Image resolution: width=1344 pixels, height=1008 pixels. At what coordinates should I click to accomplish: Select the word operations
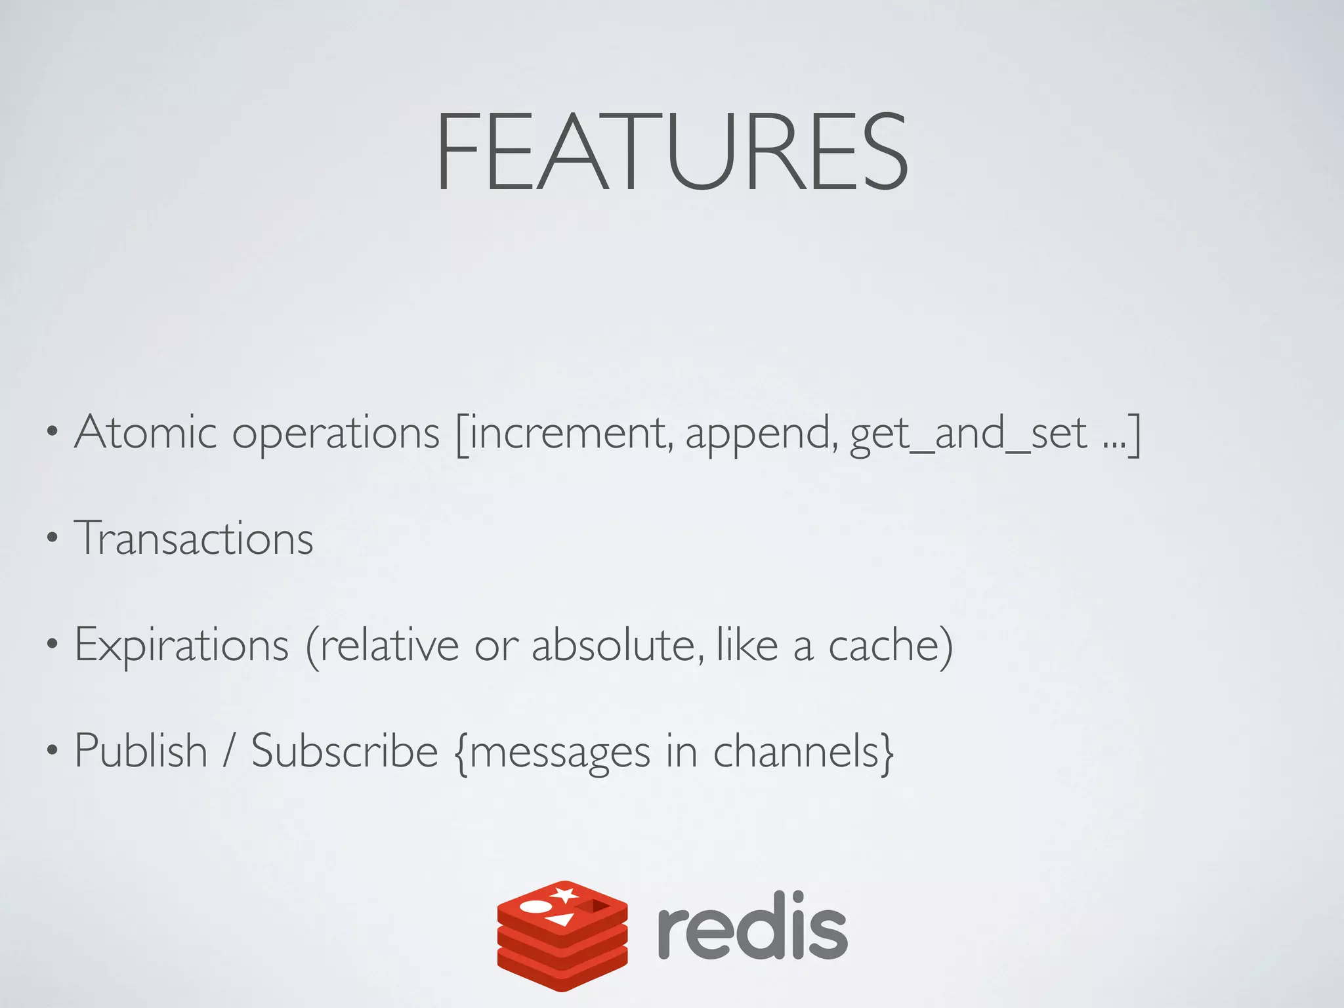[335, 434]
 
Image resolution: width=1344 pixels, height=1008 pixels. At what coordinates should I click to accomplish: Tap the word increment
[567, 433]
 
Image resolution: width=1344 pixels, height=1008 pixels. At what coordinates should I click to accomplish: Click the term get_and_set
[969, 434]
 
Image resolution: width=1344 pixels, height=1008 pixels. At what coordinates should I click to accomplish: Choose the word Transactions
[194, 538]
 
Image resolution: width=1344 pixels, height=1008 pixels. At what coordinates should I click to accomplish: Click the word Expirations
[182, 646]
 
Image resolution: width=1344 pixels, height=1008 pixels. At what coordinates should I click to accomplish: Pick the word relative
[390, 644]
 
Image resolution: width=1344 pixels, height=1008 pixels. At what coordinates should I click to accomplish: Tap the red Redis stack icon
[562, 934]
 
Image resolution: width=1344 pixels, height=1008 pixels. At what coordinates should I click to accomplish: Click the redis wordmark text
[752, 927]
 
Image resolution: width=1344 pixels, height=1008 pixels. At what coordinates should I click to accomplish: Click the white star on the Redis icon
[564, 894]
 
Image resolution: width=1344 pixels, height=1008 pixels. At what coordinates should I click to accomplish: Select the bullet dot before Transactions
[52, 539]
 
